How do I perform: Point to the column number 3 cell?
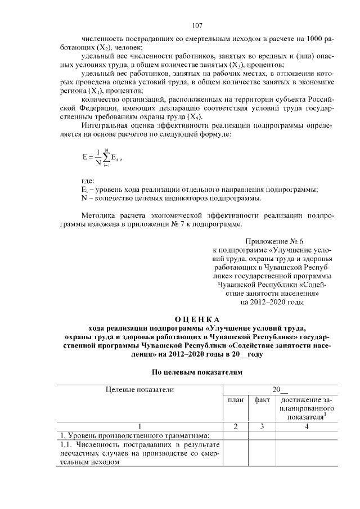pyautogui.click(x=262, y=426)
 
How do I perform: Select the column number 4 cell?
pyautogui.click(x=307, y=426)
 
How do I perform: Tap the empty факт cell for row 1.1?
pyautogui.click(x=262, y=453)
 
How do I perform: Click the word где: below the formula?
pyautogui.click(x=88, y=181)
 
